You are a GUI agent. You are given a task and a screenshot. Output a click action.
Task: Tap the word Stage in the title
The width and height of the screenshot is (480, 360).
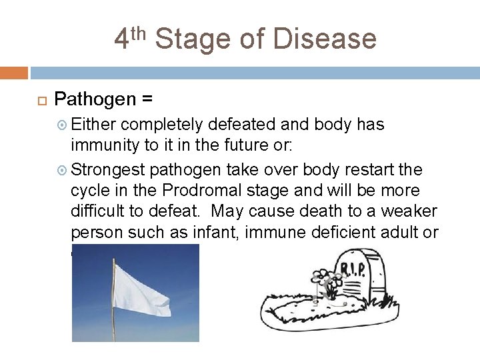click(196, 39)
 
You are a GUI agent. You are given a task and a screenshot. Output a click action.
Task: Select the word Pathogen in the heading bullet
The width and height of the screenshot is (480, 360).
click(94, 100)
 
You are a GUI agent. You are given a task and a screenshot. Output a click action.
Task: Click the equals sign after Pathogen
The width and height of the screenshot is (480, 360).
click(147, 100)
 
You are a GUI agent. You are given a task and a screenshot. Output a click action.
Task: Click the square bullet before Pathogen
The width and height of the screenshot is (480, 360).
click(38, 101)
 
